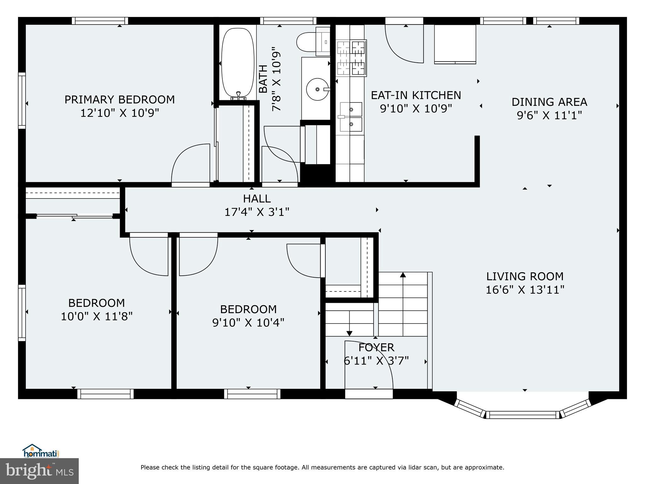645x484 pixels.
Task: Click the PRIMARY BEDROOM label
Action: tap(119, 100)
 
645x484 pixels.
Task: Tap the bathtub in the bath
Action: tap(238, 63)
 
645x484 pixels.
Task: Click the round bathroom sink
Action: tap(317, 89)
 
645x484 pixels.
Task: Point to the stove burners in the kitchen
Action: tap(351, 58)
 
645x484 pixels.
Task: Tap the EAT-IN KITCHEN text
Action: tap(416, 95)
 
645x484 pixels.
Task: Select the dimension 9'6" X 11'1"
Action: tap(549, 115)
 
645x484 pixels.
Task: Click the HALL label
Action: tap(257, 199)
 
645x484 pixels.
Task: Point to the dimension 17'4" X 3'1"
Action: tap(257, 212)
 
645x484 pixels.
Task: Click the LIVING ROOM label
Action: tap(525, 276)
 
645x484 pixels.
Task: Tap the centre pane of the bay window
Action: tap(523, 415)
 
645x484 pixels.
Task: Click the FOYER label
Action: tap(376, 347)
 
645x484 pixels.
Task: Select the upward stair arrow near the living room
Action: tap(403, 275)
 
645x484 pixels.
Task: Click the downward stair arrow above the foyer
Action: tap(349, 333)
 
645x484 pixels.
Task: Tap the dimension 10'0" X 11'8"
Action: tap(97, 316)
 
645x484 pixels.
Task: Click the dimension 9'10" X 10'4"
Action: tap(248, 322)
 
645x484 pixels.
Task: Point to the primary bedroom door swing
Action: tap(190, 164)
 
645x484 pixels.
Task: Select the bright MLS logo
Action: tap(39, 471)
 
